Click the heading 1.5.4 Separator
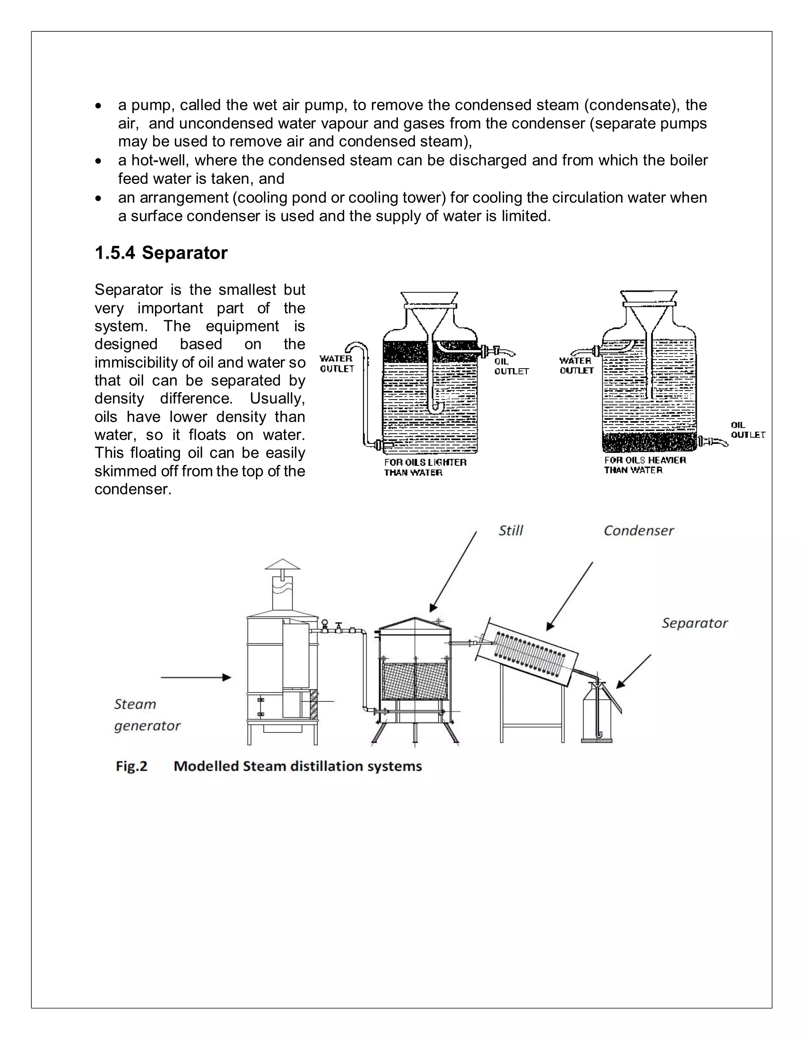[161, 252]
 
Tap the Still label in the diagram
[511, 530]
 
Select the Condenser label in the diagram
[638, 530]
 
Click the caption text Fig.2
[131, 767]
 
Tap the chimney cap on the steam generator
[283, 565]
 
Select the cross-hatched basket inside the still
[415, 681]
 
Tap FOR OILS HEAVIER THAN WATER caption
[645, 465]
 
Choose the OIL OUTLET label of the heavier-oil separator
[747, 430]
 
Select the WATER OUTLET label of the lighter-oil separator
[337, 363]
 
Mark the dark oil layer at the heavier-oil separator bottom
[649, 442]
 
